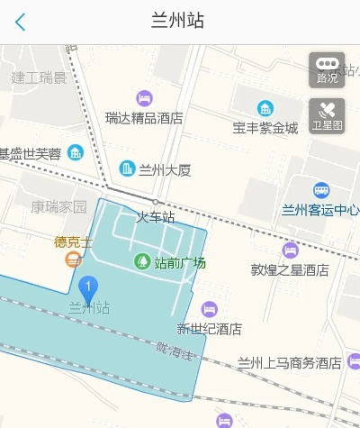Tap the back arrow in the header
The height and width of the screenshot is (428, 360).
coord(20,22)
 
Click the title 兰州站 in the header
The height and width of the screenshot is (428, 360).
coord(179,21)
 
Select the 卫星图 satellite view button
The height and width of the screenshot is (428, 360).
coord(327,117)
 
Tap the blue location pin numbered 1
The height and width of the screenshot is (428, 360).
coord(88,289)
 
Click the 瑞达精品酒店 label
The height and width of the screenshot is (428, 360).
coord(144,118)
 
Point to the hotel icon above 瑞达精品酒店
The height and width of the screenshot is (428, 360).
coord(144,97)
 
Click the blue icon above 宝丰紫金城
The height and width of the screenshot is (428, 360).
coord(265,108)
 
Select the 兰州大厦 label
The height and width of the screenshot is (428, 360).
coord(165,168)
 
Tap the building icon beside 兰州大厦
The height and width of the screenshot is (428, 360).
coord(127,168)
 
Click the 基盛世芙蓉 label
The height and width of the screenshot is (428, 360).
coord(31,153)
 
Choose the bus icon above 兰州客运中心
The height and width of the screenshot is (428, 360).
coord(321,190)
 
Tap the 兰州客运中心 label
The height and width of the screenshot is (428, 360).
coord(320,211)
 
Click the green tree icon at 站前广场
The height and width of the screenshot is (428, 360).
coord(141,262)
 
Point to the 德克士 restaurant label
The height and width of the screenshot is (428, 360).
coord(73,241)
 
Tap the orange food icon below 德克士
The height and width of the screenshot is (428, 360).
coord(73,260)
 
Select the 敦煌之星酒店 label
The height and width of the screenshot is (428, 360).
coord(290,269)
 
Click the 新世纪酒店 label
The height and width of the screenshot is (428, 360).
coord(209,328)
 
